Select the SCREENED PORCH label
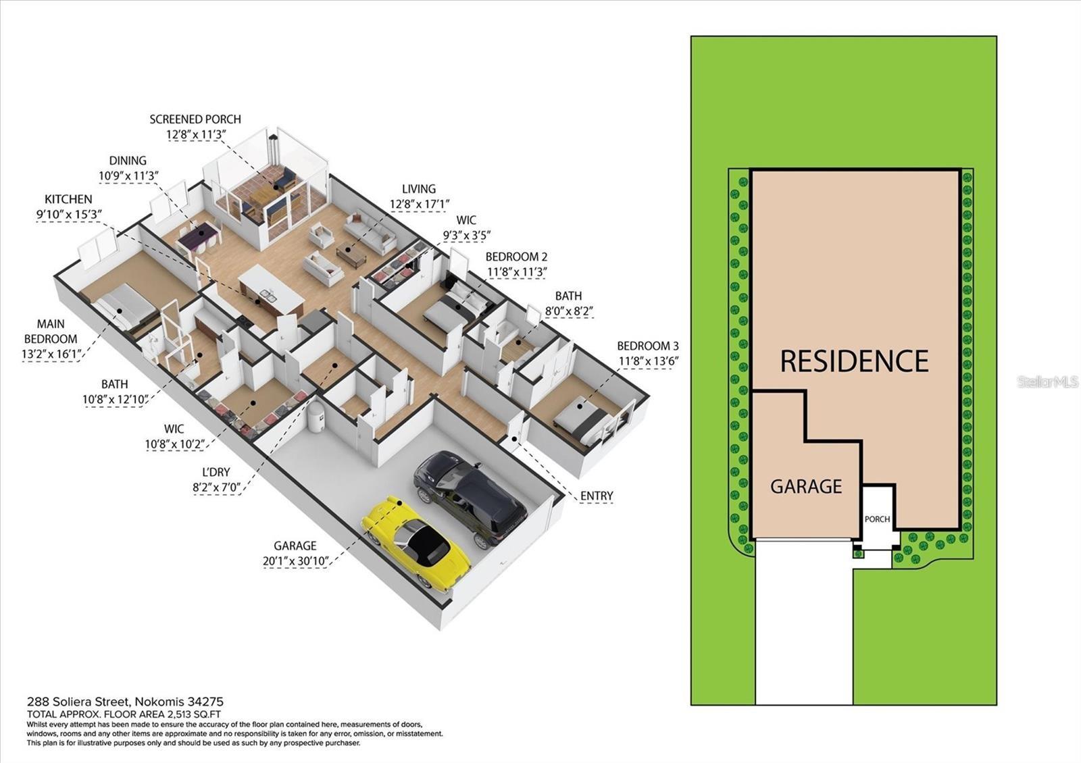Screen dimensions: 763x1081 point(195,120)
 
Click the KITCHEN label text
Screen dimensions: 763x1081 point(68,199)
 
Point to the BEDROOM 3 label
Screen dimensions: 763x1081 point(647,346)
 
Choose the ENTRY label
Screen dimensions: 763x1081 point(597,496)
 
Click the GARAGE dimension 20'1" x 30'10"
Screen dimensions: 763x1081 point(295,560)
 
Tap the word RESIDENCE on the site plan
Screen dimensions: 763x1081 point(854,361)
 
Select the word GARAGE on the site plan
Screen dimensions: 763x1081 point(806,487)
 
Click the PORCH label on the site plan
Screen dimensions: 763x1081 point(877,519)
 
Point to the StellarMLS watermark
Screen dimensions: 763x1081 point(1047,382)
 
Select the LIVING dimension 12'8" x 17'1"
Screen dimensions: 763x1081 point(419,204)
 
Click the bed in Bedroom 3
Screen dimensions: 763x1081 point(578,415)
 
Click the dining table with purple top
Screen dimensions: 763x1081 point(201,237)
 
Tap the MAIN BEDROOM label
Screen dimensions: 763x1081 point(51,332)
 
